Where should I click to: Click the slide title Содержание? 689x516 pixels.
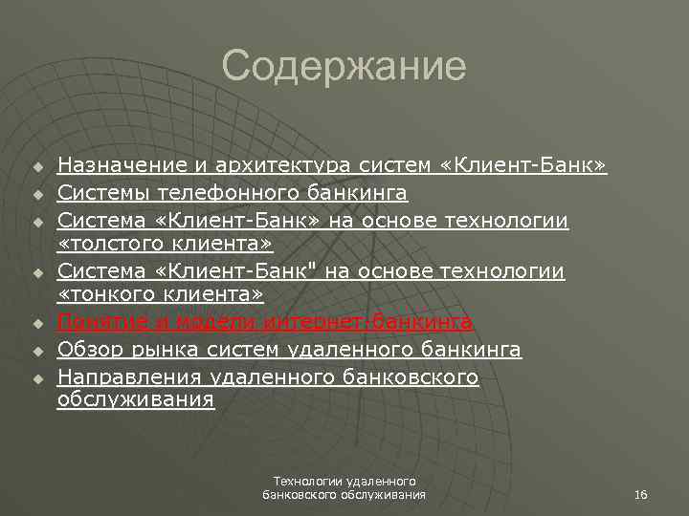point(344,67)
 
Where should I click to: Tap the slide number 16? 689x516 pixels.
point(641,494)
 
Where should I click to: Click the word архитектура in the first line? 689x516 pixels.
point(281,167)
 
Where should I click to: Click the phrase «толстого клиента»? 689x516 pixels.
point(165,247)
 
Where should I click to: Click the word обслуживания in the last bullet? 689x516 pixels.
point(136,400)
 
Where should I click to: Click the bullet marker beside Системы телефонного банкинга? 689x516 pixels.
point(37,195)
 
